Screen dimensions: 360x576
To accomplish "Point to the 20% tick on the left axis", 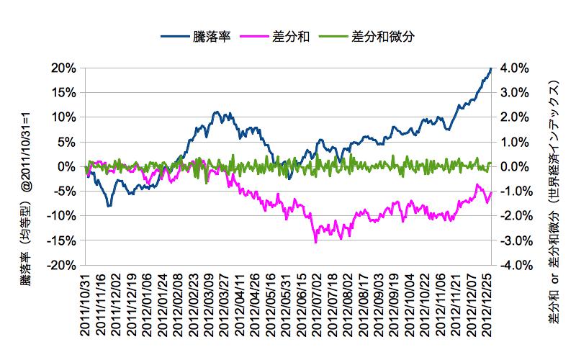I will pyautogui.click(x=63, y=68).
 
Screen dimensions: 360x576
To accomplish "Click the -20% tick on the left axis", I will pyautogui.click(x=62, y=265).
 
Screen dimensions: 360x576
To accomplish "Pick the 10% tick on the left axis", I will pyautogui.click(x=63, y=117).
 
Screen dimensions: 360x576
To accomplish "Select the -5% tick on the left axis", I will pyautogui.click(x=65, y=191).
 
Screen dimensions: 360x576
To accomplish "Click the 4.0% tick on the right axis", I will pyautogui.click(x=514, y=68).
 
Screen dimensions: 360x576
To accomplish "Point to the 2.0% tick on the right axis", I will pyautogui.click(x=514, y=117).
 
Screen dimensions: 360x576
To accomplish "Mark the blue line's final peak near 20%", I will pyautogui.click(x=490, y=69).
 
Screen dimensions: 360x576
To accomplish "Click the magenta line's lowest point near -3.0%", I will pyautogui.click(x=316, y=242).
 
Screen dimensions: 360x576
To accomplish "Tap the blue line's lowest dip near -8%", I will pyautogui.click(x=109, y=206).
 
